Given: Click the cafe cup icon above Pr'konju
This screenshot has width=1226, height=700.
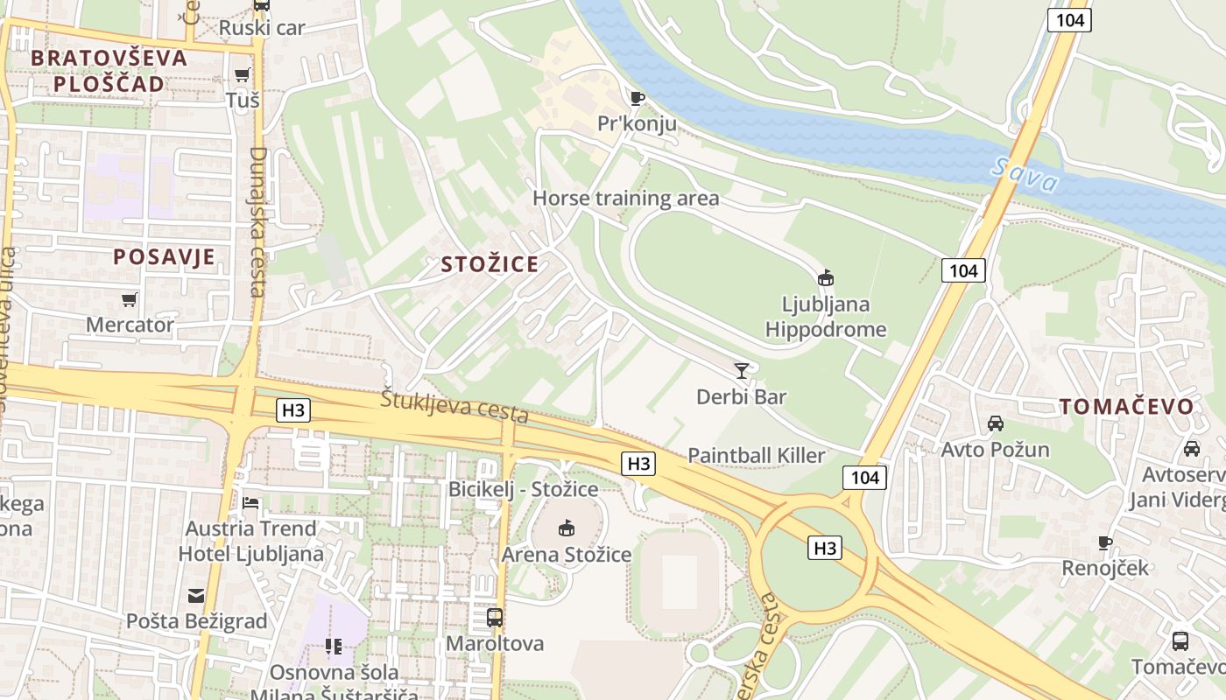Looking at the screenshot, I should pos(637,98).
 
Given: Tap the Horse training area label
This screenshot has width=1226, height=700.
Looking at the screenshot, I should pos(626,199).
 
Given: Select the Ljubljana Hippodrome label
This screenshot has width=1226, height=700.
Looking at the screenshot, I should pos(826,317).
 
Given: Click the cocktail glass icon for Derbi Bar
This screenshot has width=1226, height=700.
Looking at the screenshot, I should pos(742,371).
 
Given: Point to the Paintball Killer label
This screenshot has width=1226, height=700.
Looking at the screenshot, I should pos(757,455).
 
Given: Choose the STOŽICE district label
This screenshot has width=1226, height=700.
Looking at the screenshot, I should pos(490,264).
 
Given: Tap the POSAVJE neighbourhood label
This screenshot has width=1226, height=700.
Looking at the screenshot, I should pos(164,256).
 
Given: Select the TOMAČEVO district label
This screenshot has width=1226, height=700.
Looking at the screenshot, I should pos(1127,406).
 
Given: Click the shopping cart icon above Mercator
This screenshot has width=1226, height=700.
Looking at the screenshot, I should pos(130,300).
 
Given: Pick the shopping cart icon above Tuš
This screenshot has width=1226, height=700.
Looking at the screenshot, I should pos(243,75).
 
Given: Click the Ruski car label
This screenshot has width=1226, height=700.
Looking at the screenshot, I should pos(262,28).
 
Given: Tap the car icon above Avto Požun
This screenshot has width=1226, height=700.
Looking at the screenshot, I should pos(996,423).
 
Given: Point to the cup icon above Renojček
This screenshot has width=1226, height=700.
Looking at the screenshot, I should pos(1105,542).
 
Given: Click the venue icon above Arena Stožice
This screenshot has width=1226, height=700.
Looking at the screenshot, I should pos(567,528).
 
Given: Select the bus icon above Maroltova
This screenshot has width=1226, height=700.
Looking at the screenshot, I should pos(495,618).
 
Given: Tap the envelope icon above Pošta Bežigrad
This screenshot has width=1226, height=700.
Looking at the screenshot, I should pos(196,596).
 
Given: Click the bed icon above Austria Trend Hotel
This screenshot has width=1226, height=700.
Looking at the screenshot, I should pos(250,503).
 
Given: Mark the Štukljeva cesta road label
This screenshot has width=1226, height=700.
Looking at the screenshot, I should pos(454,406).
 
